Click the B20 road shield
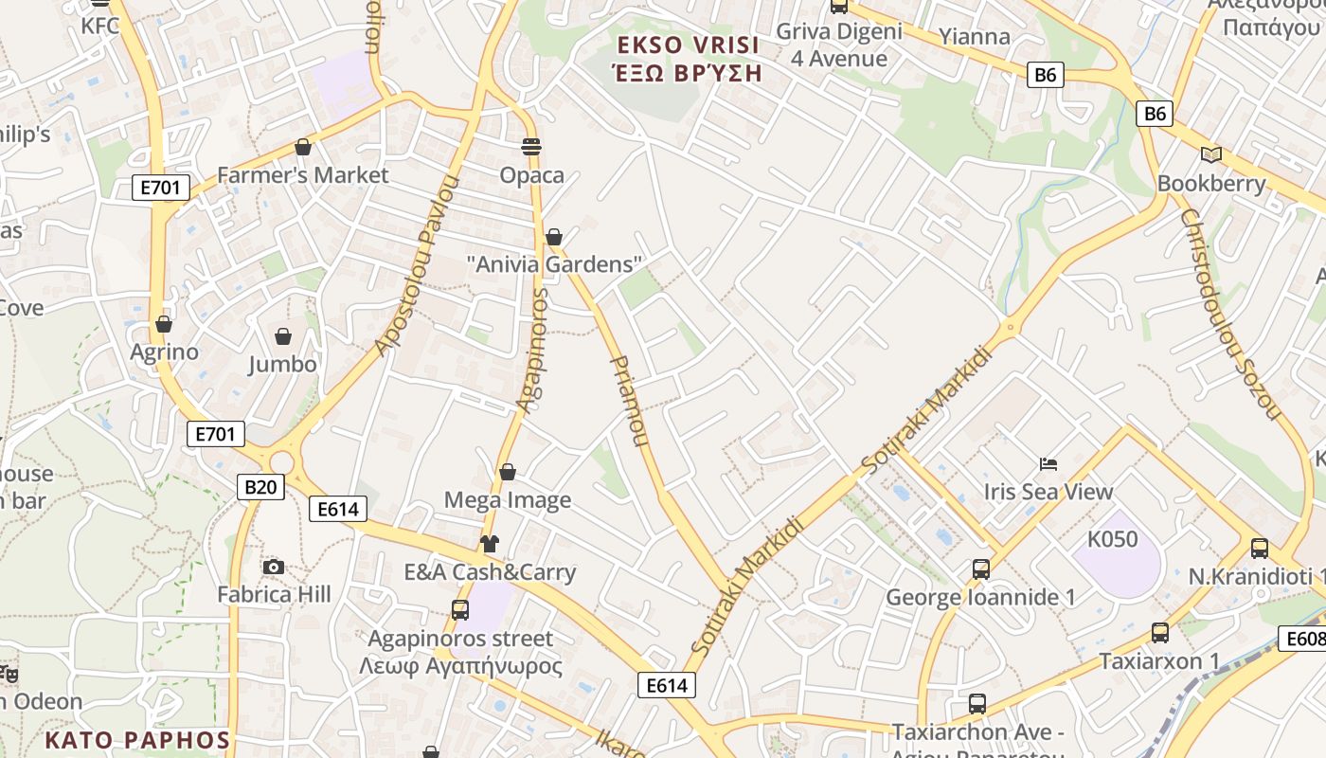[260, 487]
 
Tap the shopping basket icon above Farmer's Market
[303, 147]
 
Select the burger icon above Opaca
[531, 147]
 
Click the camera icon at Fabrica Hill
[274, 567]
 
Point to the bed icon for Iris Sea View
[1048, 464]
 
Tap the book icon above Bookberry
[1210, 154]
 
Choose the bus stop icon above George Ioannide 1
[981, 569]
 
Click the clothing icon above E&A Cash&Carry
[489, 544]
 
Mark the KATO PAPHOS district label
[138, 740]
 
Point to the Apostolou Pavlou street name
[417, 265]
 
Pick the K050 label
[1112, 539]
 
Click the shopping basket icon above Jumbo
[282, 336]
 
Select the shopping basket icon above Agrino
[164, 324]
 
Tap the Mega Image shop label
[508, 499]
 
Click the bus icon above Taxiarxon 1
[1160, 633]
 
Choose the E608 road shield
[1303, 639]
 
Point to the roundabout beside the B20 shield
[280, 460]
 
